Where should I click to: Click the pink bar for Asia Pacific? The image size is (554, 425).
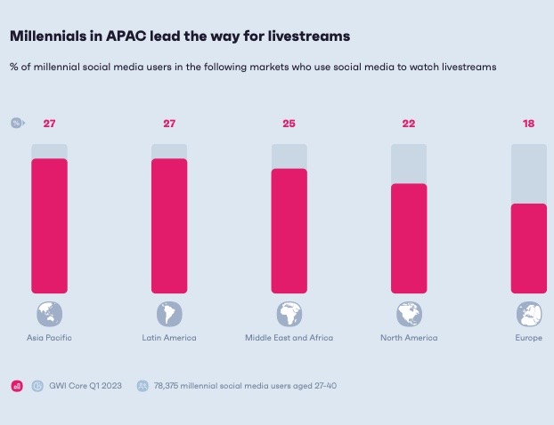click(x=49, y=226)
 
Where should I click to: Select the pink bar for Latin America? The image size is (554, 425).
click(x=169, y=226)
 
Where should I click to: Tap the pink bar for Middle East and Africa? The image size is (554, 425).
click(x=289, y=230)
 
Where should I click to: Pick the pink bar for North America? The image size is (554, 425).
click(x=409, y=238)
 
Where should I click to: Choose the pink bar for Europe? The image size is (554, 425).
click(x=528, y=248)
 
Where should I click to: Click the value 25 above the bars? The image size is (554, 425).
click(x=289, y=123)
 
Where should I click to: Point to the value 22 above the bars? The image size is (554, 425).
click(x=409, y=123)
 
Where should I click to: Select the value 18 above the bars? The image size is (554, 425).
click(x=528, y=123)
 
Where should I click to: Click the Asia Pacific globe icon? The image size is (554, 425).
click(x=49, y=314)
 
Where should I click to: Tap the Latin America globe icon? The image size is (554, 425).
click(x=169, y=314)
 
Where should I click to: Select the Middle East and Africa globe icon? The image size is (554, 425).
click(x=289, y=314)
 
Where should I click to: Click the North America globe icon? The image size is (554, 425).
click(x=409, y=314)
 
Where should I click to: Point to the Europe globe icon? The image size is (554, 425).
click(x=529, y=314)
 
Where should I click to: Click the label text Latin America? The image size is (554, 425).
click(x=169, y=338)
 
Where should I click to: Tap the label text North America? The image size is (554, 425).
click(x=409, y=338)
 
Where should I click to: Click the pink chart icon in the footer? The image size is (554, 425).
click(x=16, y=386)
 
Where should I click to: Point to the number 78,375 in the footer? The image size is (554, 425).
click(x=170, y=386)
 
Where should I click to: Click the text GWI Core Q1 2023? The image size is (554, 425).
click(x=86, y=386)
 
